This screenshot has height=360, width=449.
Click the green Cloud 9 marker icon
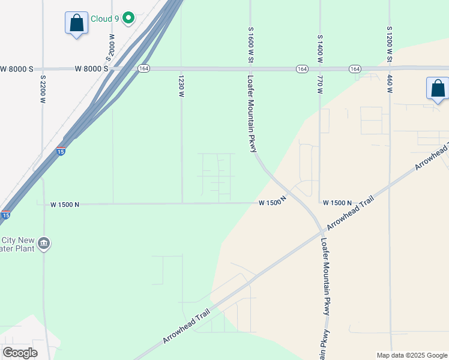point(128,19)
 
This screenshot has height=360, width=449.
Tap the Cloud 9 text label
point(104,19)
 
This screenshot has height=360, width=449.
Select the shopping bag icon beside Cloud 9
point(76,24)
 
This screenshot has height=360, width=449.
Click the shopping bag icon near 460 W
point(438,89)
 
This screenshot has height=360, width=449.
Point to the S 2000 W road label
point(110,47)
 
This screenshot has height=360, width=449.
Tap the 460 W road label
point(390,82)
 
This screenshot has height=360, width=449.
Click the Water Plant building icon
point(43,244)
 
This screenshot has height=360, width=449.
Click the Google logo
point(20,353)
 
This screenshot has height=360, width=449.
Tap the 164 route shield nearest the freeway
point(143,69)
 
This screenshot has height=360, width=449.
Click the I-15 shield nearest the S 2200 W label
point(61,150)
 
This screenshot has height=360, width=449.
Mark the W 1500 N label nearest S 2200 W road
point(65,205)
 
